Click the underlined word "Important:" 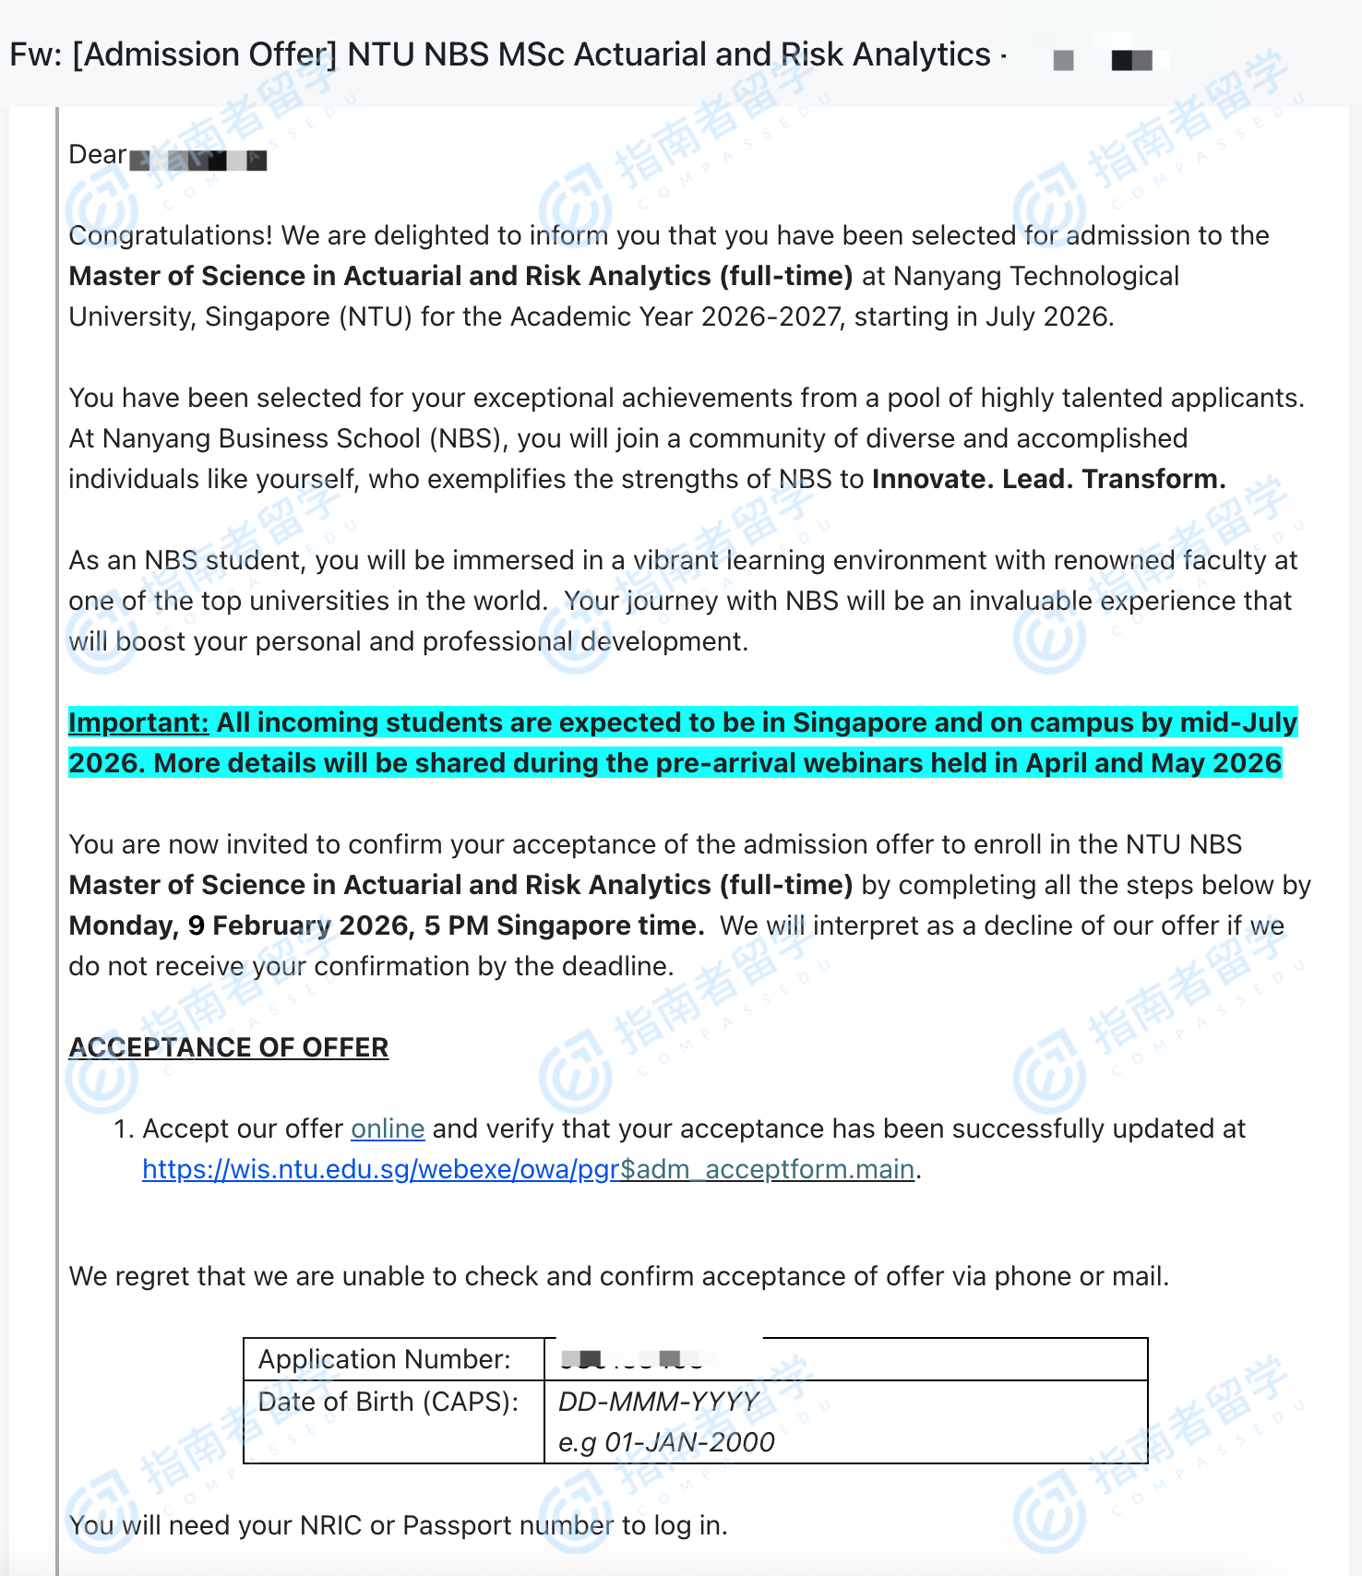tap(138, 722)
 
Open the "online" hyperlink tap(388, 1128)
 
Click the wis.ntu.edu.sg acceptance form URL tap(528, 1169)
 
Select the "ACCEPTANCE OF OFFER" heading tap(229, 1047)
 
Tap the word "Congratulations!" tap(171, 235)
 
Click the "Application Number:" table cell tap(384, 1359)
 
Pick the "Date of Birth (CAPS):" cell tap(388, 1402)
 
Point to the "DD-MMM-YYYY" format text tap(659, 1402)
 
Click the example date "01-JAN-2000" tap(689, 1442)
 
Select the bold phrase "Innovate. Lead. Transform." tap(1048, 479)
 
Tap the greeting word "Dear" tap(97, 154)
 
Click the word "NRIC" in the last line tap(330, 1525)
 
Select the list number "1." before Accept tap(124, 1128)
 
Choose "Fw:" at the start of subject tap(35, 54)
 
